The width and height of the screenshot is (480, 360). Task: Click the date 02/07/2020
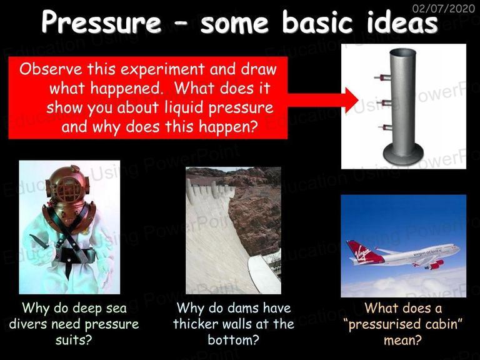[x=444, y=8]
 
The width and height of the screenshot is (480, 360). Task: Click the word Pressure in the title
[x=101, y=22]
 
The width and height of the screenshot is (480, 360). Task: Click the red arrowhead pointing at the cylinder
[x=351, y=100]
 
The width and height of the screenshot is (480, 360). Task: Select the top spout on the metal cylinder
[x=382, y=77]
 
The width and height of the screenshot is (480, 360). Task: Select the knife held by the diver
[x=39, y=241]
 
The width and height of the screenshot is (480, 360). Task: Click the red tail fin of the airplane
[x=359, y=252]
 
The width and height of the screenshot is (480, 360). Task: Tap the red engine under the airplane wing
[x=435, y=264]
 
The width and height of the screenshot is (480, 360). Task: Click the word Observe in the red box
[x=51, y=69]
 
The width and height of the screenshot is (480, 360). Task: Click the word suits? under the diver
[x=74, y=340]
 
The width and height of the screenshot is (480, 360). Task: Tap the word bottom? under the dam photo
[x=233, y=340]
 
